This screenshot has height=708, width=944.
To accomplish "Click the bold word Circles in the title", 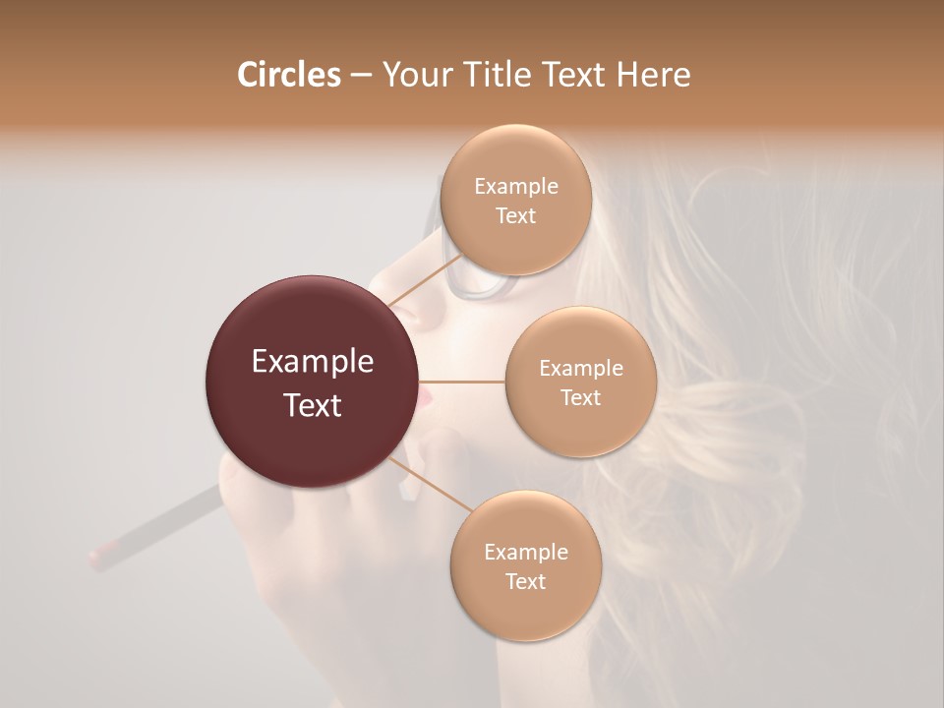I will [288, 75].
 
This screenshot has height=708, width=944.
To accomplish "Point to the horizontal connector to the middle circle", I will [462, 382].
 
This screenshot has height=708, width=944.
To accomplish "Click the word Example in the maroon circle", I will [313, 362].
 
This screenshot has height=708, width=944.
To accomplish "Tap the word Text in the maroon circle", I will [313, 405].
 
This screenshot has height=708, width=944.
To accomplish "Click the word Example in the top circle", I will [515, 187].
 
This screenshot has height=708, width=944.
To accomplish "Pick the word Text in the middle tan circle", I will [581, 397].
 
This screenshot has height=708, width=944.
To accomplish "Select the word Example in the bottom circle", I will [525, 552].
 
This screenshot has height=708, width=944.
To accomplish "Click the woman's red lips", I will [424, 399].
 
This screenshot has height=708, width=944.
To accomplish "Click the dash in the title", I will [360, 76].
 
